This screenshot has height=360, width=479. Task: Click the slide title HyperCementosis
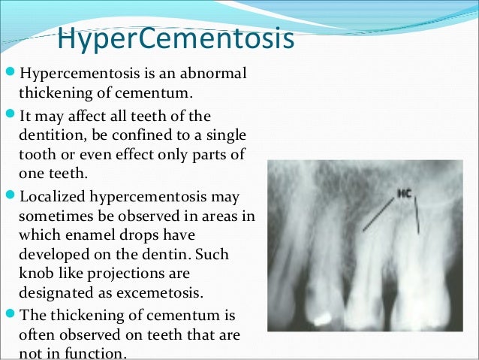tap(175, 39)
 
